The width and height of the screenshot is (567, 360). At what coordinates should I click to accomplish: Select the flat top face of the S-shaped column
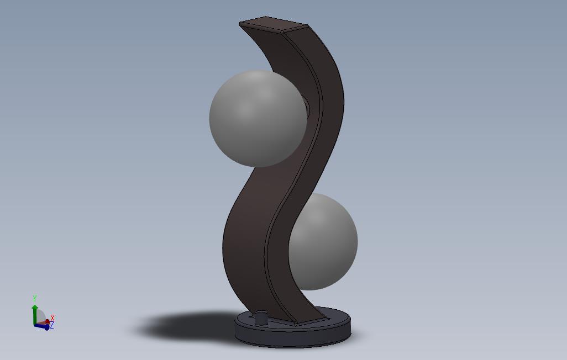point(273,25)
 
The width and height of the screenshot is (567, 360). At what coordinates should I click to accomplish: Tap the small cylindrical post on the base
point(260,320)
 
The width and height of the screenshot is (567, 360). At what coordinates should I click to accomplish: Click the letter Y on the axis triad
point(35,298)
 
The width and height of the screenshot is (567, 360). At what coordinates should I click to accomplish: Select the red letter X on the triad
point(52,317)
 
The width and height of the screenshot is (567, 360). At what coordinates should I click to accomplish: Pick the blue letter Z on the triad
point(51,326)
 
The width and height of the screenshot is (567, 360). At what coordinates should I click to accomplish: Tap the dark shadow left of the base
point(182,326)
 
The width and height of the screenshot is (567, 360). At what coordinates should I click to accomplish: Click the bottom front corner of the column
point(296,324)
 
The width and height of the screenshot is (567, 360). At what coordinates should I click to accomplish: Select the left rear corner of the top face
point(240,23)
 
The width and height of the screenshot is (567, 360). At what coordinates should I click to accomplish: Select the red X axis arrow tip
point(48,321)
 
